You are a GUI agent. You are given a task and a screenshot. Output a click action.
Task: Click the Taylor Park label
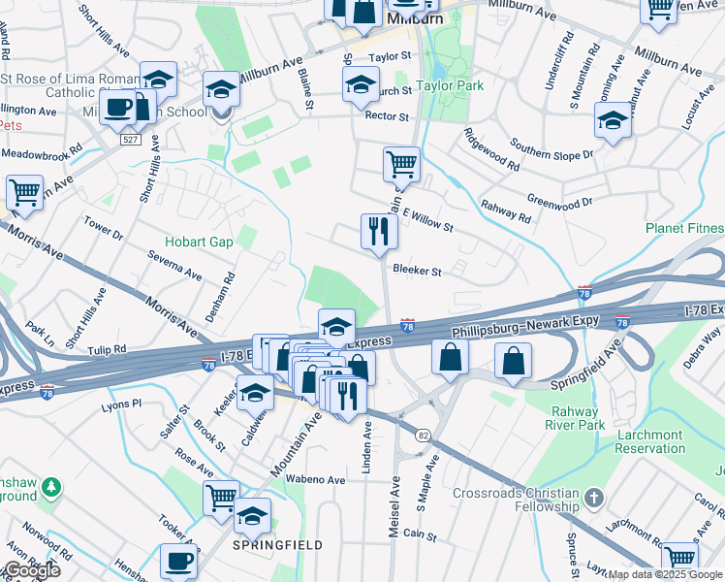(449, 85)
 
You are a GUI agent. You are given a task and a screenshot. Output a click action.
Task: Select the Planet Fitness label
(684, 229)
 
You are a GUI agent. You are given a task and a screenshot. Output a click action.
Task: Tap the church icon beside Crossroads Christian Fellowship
(594, 500)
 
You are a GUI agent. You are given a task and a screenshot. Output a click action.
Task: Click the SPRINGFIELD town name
(277, 545)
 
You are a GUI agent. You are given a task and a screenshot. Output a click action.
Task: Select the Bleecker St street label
(417, 272)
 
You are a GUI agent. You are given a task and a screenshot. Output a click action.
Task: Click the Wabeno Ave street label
(316, 479)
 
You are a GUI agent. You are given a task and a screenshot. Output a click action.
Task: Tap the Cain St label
(421, 533)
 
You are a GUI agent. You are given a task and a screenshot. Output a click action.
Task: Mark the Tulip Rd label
(107, 349)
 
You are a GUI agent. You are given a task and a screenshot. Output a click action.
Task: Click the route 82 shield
(423, 436)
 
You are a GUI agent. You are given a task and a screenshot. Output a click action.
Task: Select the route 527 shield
(129, 140)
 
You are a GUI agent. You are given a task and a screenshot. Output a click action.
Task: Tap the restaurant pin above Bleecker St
(377, 233)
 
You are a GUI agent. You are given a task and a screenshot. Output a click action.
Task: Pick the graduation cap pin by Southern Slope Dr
(613, 123)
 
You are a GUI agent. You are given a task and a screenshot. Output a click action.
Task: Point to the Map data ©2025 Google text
(666, 574)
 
